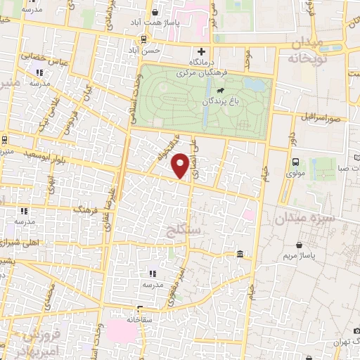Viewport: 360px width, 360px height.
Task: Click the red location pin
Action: pyautogui.click(x=181, y=165)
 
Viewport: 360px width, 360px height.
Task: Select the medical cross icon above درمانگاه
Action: pyautogui.click(x=202, y=51)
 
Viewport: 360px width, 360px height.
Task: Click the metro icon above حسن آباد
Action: pyautogui.click(x=144, y=39)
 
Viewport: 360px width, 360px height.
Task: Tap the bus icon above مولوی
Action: pyautogui.click(x=295, y=162)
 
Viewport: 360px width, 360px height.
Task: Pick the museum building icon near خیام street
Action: pyautogui.click(x=240, y=254)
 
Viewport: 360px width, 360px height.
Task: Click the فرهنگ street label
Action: pyautogui.click(x=85, y=209)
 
